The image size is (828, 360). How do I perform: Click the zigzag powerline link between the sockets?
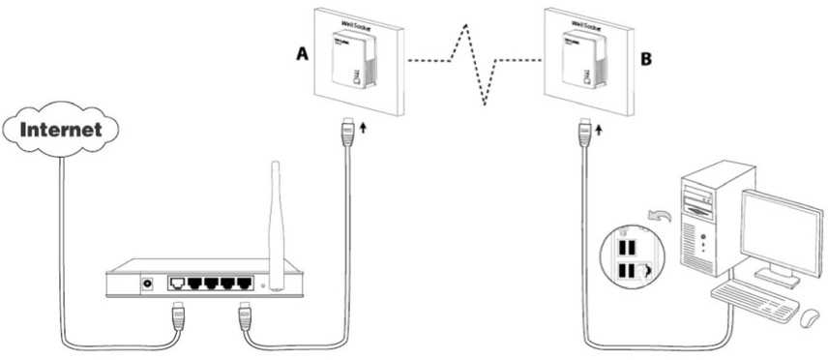pyautogui.click(x=474, y=63)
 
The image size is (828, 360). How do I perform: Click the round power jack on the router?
pyautogui.click(x=148, y=284)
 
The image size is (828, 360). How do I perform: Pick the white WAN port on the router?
pyautogui.click(x=178, y=284)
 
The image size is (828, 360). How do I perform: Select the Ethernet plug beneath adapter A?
pyautogui.click(x=348, y=133)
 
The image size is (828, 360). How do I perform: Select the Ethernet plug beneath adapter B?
pyautogui.click(x=584, y=133)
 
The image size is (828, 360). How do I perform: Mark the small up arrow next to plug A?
pyautogui.click(x=364, y=127)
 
